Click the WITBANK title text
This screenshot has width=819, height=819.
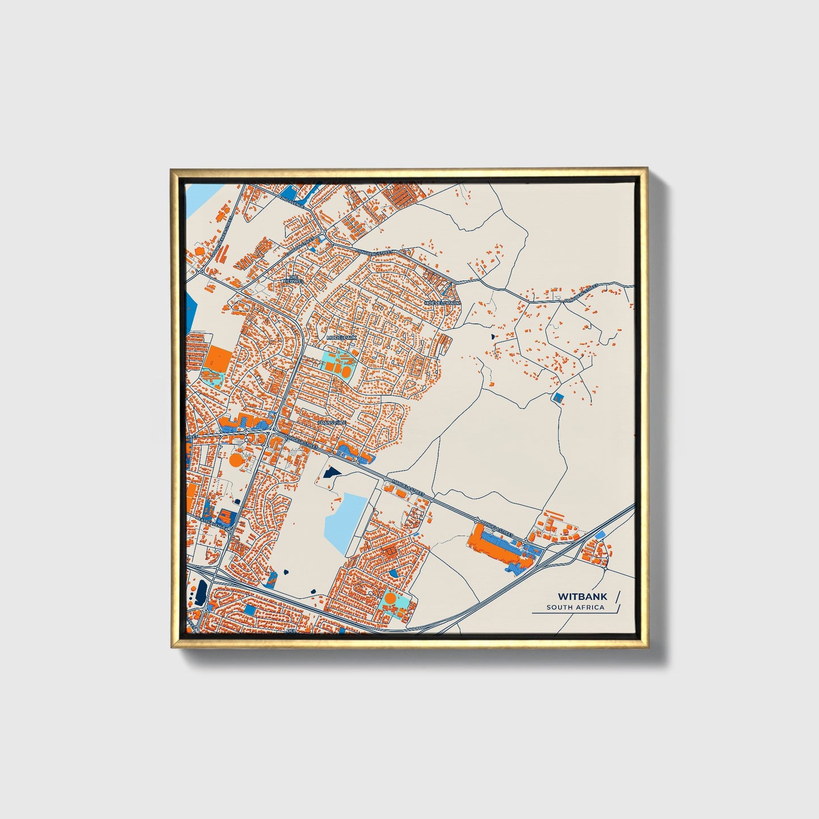tap(574, 596)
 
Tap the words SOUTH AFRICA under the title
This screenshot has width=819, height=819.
tap(575, 608)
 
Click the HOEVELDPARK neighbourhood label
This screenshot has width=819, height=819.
tap(443, 304)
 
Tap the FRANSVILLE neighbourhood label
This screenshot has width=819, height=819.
tap(332, 423)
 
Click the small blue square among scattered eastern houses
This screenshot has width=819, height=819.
tap(558, 398)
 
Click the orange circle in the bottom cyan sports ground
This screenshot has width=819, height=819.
tap(391, 598)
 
